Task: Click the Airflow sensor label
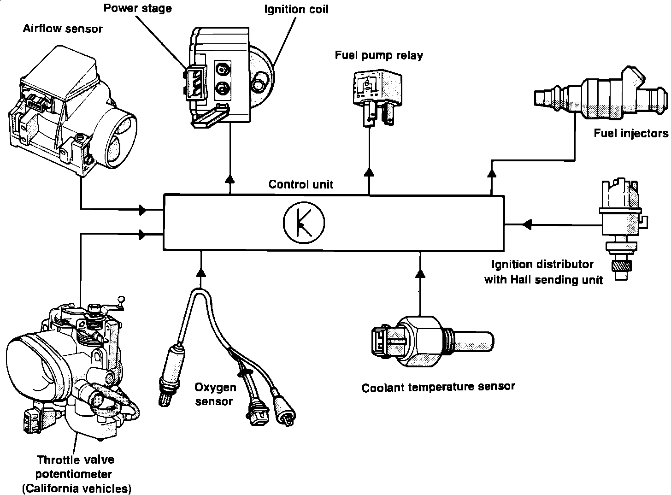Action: (63, 29)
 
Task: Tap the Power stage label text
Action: (138, 8)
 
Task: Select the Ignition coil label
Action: (296, 9)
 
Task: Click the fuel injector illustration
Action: (601, 94)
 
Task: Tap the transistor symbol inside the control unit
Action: (304, 222)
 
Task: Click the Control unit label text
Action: (301, 184)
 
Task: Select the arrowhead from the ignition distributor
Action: (527, 224)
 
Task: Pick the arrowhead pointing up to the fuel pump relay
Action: (369, 172)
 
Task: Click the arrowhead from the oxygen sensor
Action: (201, 272)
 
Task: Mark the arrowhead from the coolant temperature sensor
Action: (421, 273)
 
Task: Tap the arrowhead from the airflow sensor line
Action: (143, 210)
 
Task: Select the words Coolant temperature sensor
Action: (438, 387)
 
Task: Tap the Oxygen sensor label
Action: (215, 395)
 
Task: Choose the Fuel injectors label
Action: (631, 133)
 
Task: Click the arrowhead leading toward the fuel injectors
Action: (492, 173)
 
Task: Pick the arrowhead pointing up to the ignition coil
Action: (230, 178)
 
